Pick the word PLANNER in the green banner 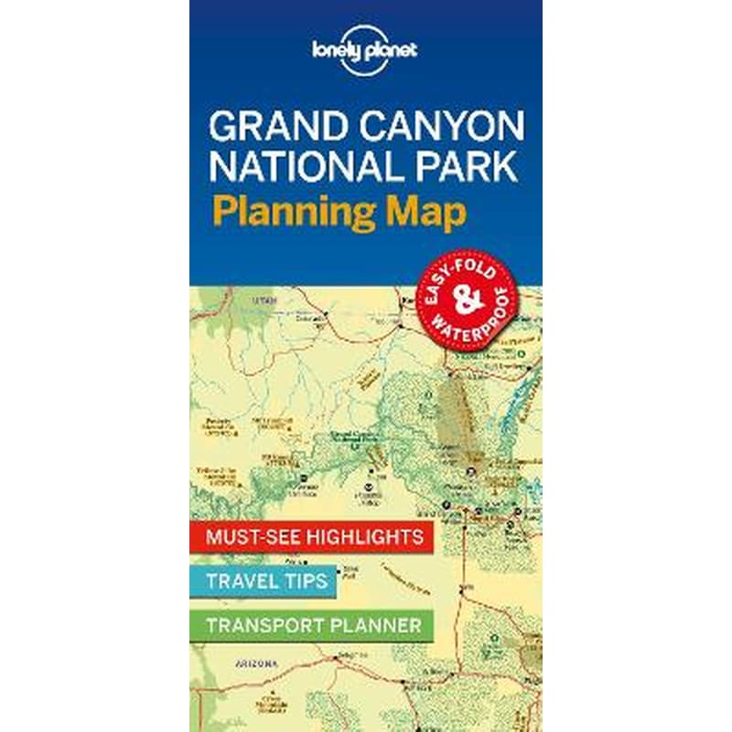pos(379,625)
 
